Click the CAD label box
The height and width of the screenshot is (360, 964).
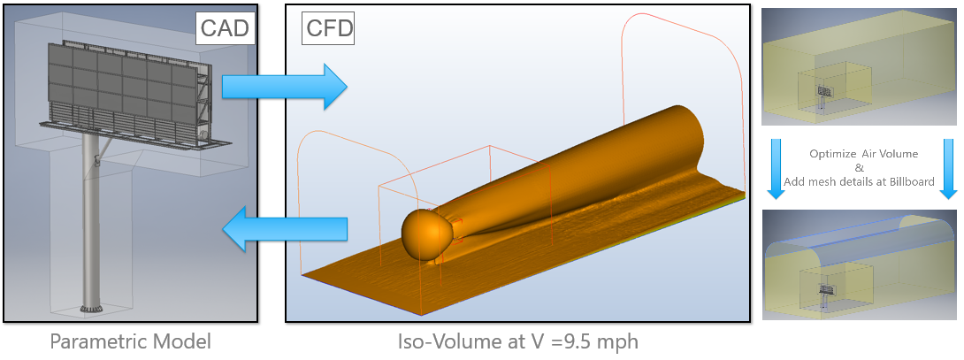[226, 29]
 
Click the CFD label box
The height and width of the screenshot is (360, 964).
[329, 29]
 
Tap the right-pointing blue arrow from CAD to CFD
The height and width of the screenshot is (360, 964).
[285, 87]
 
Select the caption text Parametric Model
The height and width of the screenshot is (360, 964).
[130, 341]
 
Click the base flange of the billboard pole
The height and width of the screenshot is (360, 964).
[90, 309]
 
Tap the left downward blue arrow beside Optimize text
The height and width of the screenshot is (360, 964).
[776, 166]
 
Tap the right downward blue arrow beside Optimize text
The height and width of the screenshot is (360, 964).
[947, 166]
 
